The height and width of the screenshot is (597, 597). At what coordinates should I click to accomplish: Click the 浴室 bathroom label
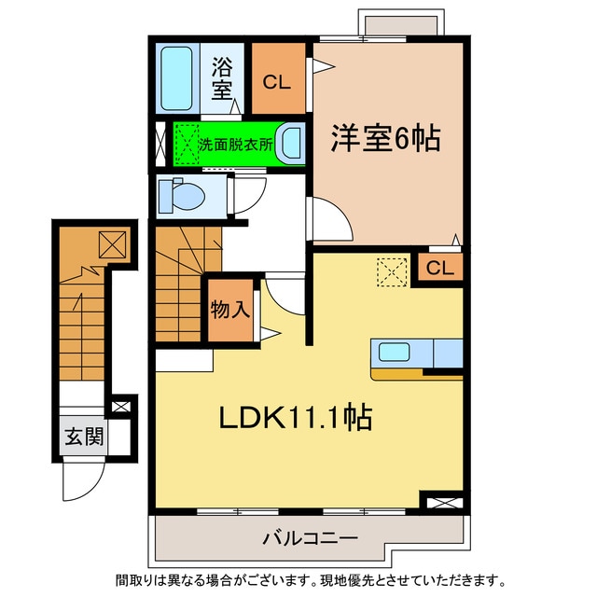(x=221, y=78)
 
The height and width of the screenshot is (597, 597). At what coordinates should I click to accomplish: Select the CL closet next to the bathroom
(x=276, y=81)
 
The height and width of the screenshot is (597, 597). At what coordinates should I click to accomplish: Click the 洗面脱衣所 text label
(x=236, y=146)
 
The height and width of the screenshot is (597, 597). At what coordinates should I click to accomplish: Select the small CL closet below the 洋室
(x=440, y=269)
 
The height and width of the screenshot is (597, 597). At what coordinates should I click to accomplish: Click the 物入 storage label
(x=229, y=309)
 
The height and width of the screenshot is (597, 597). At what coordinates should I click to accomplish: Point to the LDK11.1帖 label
(x=296, y=417)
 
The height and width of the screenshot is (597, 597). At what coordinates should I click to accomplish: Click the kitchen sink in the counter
(x=393, y=354)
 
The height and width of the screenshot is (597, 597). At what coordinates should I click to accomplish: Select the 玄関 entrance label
(x=83, y=436)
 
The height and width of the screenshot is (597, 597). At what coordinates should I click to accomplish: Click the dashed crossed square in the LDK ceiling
(x=390, y=272)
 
